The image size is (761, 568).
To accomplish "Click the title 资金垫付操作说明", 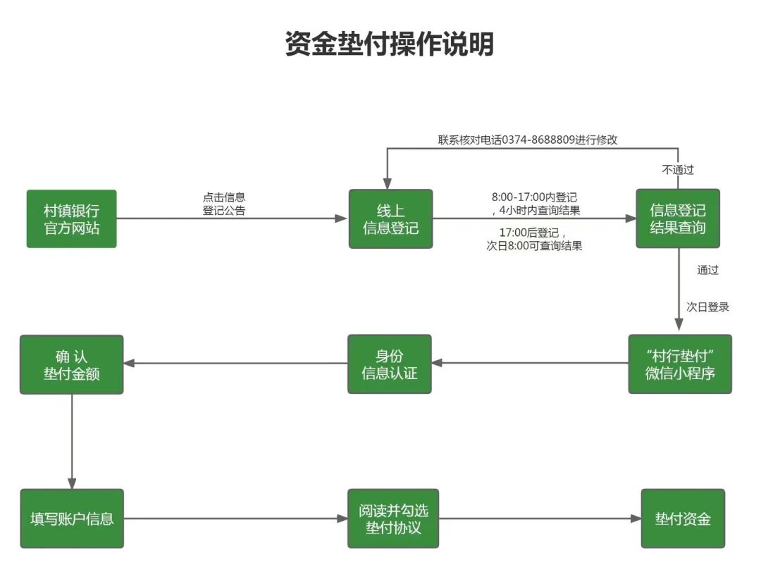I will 389,44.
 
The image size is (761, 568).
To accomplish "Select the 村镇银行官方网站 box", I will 71,218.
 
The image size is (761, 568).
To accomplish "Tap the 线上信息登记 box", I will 390,218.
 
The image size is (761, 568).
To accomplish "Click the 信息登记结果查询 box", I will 677,218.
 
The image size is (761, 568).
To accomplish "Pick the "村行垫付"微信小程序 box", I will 679,364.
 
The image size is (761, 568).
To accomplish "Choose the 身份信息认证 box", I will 389,364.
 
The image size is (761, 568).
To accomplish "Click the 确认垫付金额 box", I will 71,364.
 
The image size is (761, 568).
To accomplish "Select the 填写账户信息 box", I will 71,519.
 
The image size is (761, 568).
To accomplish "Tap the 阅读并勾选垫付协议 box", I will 392,519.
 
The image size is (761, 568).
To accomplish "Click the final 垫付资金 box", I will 682,519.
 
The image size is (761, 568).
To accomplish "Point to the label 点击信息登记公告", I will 224,204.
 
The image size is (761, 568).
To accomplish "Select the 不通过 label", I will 677,169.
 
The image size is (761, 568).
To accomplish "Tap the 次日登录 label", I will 707,307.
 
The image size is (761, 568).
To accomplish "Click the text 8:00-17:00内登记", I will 534,197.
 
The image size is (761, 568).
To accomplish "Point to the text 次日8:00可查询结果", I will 534,246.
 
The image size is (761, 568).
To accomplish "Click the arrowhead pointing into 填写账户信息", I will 71,483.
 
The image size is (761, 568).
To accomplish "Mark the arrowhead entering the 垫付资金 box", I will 635,519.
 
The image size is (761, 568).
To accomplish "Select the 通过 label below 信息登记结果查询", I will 707,270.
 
